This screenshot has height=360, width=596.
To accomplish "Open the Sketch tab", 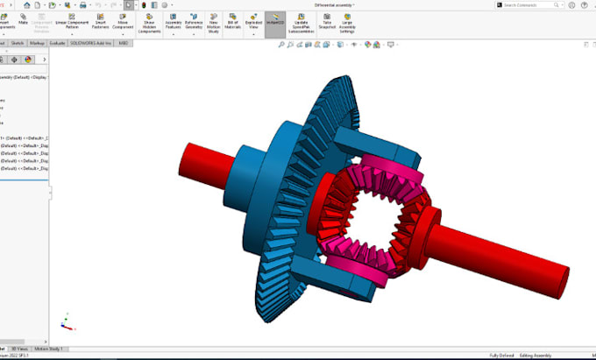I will [17, 41].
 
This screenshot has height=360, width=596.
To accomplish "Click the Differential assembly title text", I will [334, 4].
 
